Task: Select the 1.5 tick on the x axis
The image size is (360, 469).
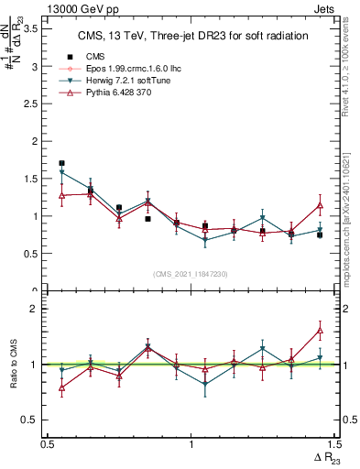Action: point(333,444)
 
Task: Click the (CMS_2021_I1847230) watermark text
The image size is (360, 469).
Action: point(191,274)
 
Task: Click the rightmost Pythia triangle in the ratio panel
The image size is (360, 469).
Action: point(320,330)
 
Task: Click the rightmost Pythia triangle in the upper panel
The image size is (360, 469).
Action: point(320,205)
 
